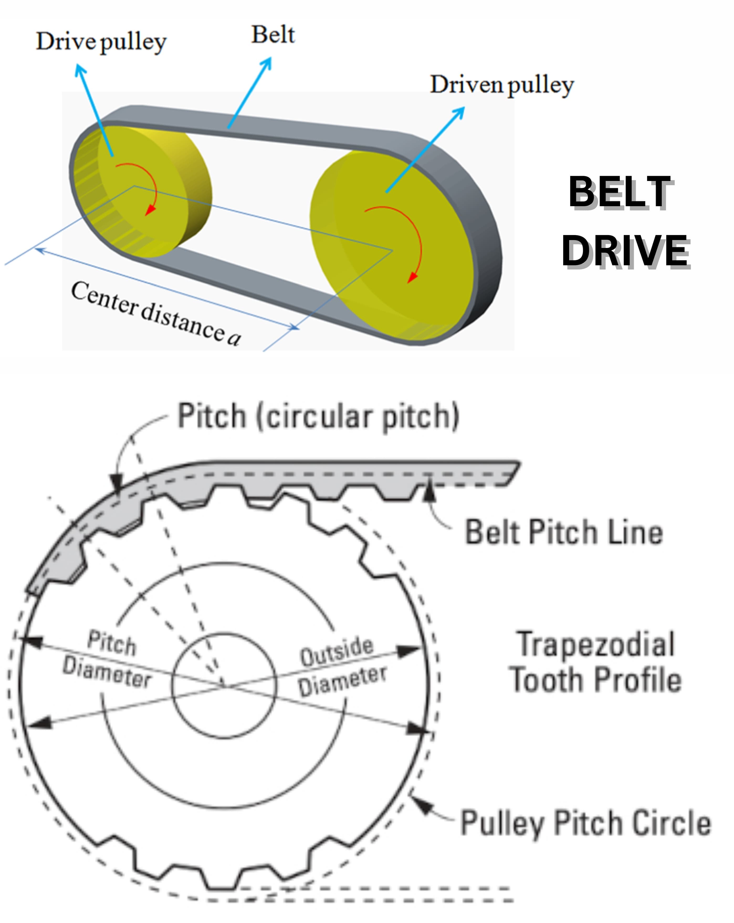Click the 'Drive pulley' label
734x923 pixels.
101,42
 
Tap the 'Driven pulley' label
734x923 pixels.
502,85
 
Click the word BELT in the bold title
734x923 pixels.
620,192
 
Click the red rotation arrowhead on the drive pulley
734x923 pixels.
150,210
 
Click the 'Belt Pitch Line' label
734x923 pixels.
564,532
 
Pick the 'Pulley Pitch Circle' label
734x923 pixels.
585,823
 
